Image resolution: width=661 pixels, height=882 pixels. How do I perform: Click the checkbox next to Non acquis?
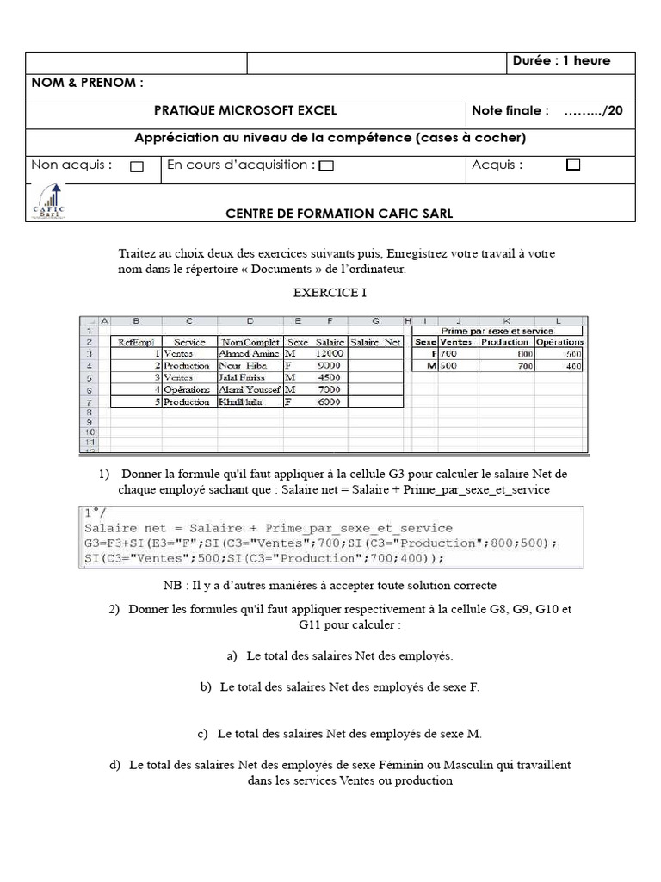pos(137,167)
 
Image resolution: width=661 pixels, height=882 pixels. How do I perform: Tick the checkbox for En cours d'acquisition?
pos(326,166)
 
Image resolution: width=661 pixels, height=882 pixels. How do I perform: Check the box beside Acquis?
pos(573,165)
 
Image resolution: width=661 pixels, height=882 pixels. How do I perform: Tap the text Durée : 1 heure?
pos(561,60)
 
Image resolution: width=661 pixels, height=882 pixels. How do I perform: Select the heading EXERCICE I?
pos(330,293)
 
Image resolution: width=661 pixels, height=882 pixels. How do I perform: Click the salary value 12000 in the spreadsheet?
pos(330,353)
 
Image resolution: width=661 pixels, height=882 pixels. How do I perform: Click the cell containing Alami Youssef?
pos(250,389)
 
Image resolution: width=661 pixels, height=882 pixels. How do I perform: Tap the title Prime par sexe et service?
pos(497,330)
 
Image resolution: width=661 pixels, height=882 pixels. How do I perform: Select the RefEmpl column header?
pos(134,342)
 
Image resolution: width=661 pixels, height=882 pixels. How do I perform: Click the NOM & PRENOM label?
pos(87,83)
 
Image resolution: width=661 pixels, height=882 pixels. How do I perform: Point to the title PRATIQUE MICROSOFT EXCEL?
pos(245,110)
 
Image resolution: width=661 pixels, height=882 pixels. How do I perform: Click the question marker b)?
pos(206,686)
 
